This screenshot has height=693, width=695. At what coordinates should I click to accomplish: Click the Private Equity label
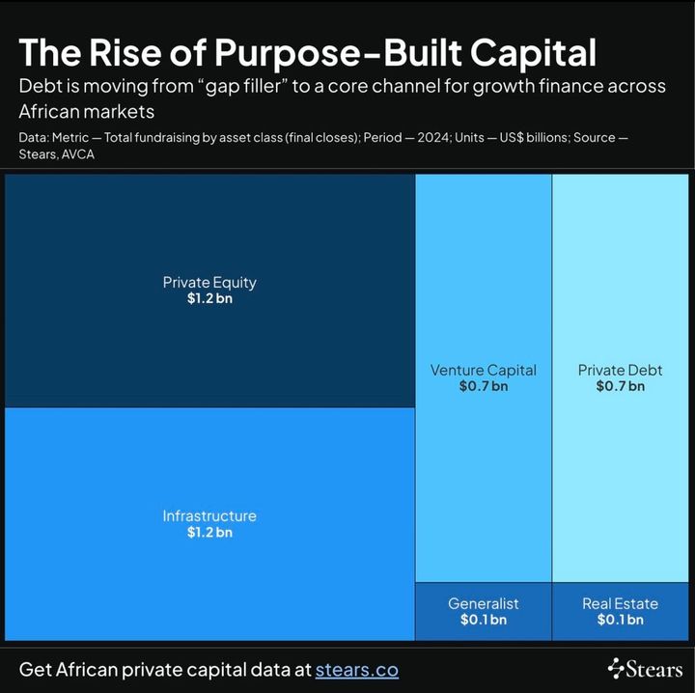click(209, 283)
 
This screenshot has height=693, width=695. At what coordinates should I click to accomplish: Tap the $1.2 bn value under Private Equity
click(209, 299)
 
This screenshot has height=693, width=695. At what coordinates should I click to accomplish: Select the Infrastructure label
click(209, 515)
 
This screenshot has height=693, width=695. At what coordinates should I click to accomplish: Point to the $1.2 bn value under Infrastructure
click(209, 532)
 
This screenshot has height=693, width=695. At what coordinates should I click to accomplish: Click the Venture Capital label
click(483, 370)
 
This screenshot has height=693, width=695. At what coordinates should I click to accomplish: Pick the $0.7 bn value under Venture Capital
click(483, 386)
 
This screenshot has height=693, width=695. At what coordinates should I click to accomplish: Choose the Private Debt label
click(620, 370)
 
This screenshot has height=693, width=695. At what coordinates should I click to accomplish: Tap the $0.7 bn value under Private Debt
click(620, 386)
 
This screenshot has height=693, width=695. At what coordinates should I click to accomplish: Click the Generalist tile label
click(483, 603)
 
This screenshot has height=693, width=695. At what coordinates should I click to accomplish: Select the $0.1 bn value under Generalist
click(483, 620)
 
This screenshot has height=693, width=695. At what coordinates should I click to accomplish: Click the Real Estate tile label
click(620, 603)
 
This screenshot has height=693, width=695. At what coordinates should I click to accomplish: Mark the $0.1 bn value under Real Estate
click(620, 620)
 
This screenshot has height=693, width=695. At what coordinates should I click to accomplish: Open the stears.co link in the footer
click(356, 669)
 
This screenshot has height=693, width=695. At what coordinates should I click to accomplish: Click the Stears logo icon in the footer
click(618, 668)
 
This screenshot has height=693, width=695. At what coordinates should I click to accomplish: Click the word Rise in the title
click(124, 52)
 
